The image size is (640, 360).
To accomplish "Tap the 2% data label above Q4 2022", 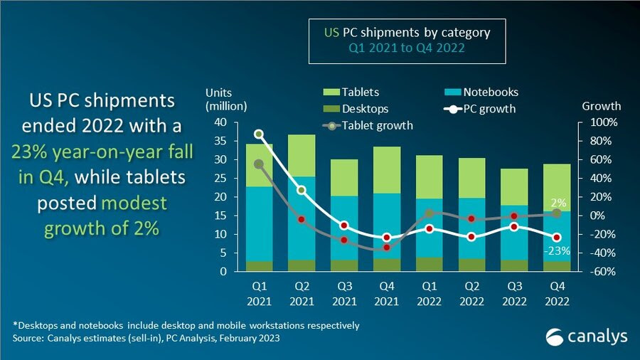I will pos(556,203).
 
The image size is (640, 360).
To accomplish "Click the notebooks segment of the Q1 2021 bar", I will pos(260,223).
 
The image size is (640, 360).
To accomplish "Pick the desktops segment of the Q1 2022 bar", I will pos(429,263).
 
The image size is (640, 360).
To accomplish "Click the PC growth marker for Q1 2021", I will pos(260,134).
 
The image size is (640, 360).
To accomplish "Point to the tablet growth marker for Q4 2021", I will pos(387,247).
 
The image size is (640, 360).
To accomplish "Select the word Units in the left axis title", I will pos(219,92).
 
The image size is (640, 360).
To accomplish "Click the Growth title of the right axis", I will pos(602,106).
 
